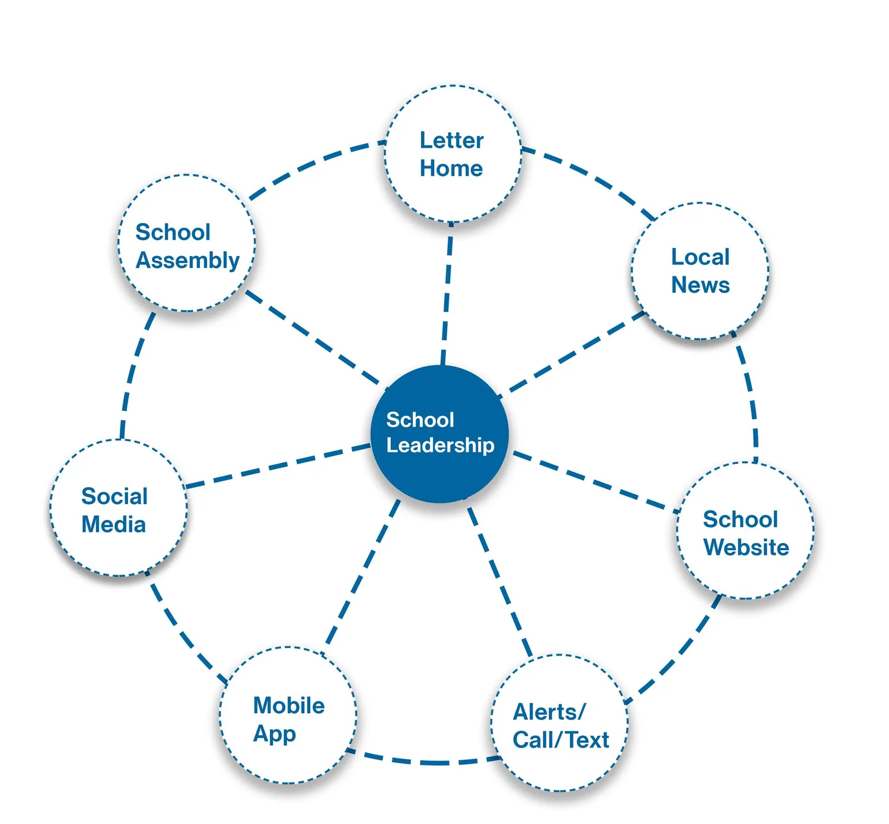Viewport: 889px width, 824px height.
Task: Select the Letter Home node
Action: coord(453,154)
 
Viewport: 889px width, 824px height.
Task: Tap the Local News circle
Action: coord(700,271)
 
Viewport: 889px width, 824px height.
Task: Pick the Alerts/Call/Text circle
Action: coord(560,723)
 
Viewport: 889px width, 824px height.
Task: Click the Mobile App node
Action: coord(288,716)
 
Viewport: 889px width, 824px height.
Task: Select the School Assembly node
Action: coord(187,243)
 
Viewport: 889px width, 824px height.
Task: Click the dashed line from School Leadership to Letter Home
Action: coord(447,293)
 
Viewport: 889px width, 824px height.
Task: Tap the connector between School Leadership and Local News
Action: coord(572,353)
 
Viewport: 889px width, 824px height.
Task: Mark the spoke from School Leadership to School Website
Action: coord(593,481)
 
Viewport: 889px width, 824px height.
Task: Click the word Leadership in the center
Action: coord(440,445)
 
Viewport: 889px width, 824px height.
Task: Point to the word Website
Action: coord(746,547)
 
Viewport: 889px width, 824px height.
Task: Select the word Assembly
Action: coord(187,260)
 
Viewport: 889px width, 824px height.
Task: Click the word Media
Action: coord(113,525)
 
